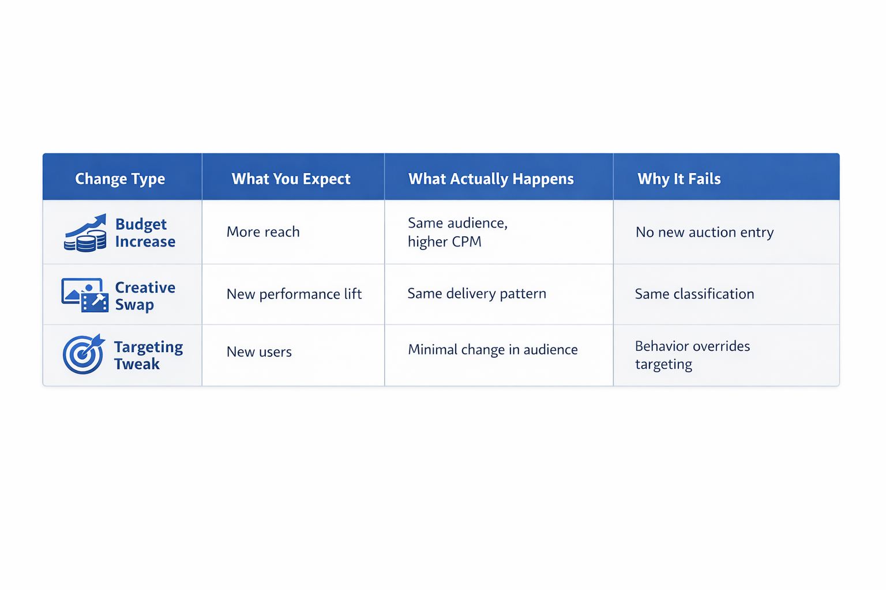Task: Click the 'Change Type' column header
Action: [120, 179]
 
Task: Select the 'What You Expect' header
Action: [291, 179]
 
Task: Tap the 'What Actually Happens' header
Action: [491, 179]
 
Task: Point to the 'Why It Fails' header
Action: [679, 179]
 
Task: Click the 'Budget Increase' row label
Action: [145, 233]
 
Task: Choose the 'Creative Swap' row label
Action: [145, 296]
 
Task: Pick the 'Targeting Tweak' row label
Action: [148, 355]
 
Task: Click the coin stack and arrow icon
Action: [85, 233]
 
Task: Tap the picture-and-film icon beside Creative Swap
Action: [85, 295]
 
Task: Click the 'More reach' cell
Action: [263, 232]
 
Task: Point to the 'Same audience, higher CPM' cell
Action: [457, 232]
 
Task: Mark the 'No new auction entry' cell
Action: [704, 232]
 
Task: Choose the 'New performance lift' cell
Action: [294, 294]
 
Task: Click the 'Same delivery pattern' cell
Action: [476, 293]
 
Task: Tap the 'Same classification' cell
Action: [694, 294]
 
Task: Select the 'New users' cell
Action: [259, 351]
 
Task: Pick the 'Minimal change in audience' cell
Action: [493, 350]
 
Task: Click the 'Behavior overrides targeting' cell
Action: [692, 355]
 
